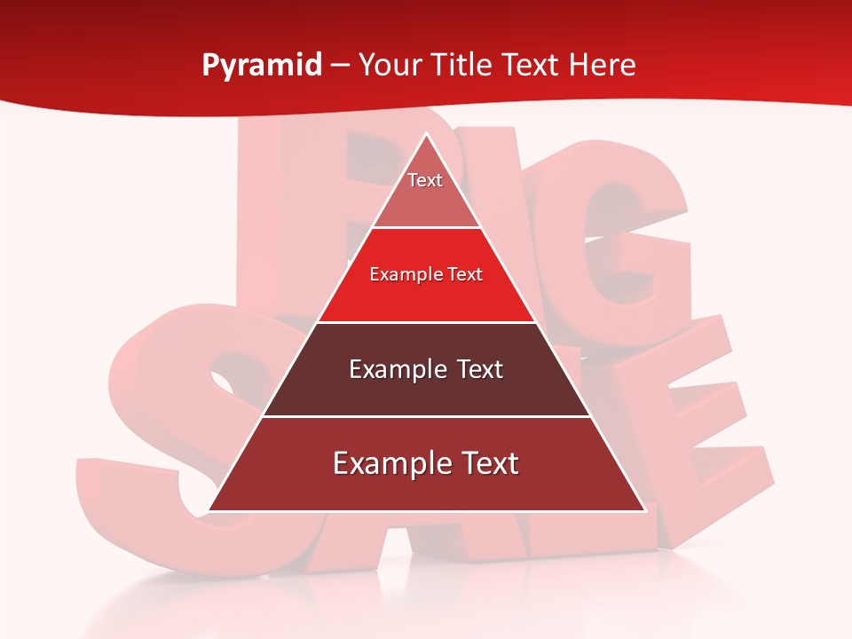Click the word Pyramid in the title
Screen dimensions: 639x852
tap(261, 65)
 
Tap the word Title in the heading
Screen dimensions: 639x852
tap(465, 65)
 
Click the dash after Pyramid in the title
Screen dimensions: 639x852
tap(339, 66)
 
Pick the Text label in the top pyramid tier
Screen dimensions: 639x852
tap(425, 180)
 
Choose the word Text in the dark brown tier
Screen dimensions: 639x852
tap(475, 369)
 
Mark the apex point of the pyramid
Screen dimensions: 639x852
tap(426, 135)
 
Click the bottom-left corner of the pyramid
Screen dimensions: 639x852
tap(209, 510)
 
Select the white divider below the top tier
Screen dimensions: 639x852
tap(426, 228)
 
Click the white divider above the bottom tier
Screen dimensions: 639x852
tap(426, 416)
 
